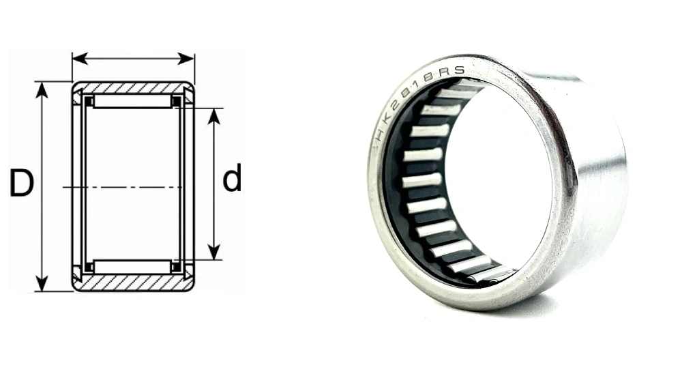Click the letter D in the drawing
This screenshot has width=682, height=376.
21,184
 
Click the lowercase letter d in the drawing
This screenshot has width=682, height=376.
232,179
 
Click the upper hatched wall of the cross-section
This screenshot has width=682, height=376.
133,88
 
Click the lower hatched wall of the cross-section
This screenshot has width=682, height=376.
133,283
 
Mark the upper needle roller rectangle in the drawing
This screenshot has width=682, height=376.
132,101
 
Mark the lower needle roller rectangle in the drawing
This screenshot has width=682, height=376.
132,266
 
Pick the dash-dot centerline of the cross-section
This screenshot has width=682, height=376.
123,186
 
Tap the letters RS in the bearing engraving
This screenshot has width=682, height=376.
455,70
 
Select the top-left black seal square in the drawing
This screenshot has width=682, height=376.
88,101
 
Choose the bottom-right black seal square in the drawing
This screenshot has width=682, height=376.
177,267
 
